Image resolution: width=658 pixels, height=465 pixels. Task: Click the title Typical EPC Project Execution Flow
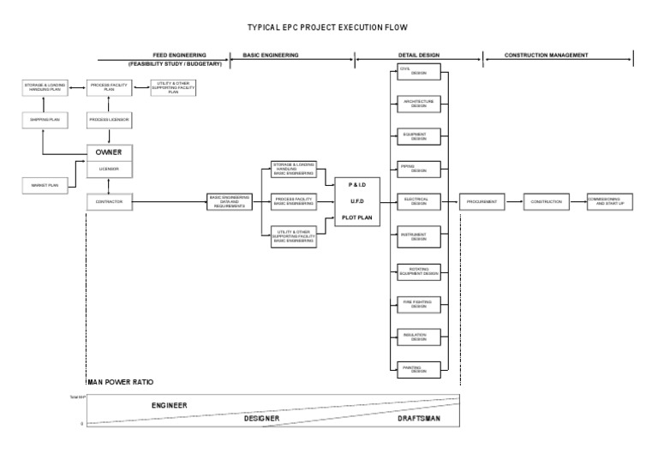[328, 27]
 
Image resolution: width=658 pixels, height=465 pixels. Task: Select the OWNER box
[109, 152]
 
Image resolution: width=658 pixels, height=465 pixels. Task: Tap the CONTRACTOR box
[109, 202]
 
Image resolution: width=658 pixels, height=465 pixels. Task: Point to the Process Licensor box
[109, 120]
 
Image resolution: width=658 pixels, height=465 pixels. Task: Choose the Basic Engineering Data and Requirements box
[230, 202]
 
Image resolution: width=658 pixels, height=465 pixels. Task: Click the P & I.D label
[357, 185]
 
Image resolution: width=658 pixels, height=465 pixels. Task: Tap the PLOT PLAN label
[357, 218]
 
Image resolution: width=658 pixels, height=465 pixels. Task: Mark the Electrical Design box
[419, 202]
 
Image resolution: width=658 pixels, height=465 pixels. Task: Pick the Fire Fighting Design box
[419, 302]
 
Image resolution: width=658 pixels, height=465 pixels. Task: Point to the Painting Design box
[419, 369]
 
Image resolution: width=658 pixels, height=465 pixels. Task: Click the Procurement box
[482, 202]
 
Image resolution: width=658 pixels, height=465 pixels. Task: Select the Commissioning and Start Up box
[609, 202]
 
